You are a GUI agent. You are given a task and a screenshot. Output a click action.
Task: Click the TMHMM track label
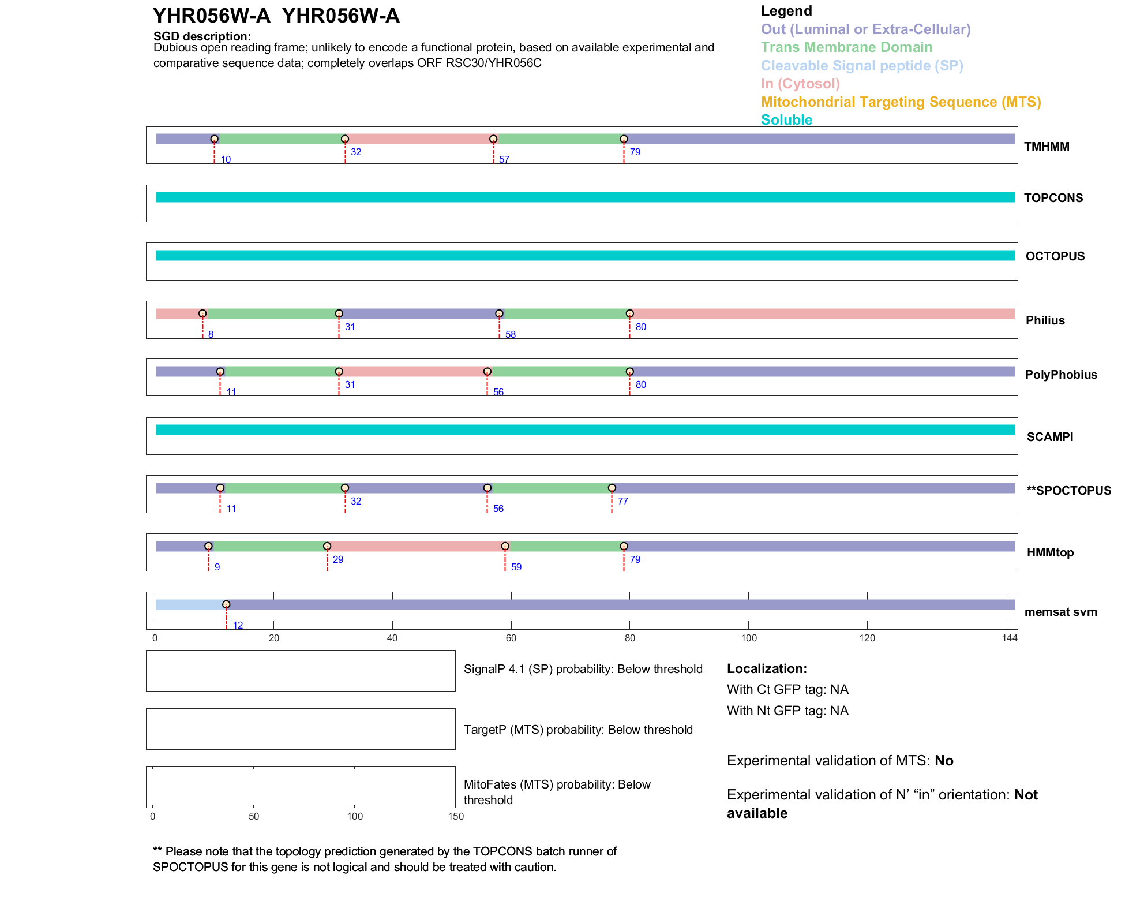[1046, 147]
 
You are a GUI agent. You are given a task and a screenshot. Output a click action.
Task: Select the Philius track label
[1045, 320]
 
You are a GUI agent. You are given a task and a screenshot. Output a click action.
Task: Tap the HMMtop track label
[1050, 552]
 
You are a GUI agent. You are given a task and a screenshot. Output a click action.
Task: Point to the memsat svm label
[1060, 612]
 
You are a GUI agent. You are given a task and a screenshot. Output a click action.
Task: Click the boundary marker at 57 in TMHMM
[493, 139]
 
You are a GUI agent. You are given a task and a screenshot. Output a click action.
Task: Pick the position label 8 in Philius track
[211, 335]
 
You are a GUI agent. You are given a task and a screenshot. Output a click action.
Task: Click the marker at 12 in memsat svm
[226, 604]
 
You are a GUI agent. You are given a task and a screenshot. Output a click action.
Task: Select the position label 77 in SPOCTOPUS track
[622, 501]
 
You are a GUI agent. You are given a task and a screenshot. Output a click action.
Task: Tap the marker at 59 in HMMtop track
[505, 546]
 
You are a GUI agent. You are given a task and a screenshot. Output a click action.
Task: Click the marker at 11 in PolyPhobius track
[220, 372]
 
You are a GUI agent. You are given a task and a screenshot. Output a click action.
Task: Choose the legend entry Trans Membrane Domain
[846, 47]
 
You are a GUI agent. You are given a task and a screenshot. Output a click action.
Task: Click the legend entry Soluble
[786, 120]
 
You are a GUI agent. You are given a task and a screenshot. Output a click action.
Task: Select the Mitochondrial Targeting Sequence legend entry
[901, 102]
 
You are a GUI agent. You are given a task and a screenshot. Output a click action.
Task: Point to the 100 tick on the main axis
[748, 638]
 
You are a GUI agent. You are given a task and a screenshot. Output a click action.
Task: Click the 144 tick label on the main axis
[1010, 638]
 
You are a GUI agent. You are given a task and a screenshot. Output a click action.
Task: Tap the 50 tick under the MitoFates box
[254, 816]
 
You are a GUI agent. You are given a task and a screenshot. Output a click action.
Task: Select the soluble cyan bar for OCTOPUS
[585, 255]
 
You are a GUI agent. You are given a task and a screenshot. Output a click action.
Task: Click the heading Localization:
[766, 668]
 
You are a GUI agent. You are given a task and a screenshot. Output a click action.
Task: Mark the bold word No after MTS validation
[944, 761]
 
